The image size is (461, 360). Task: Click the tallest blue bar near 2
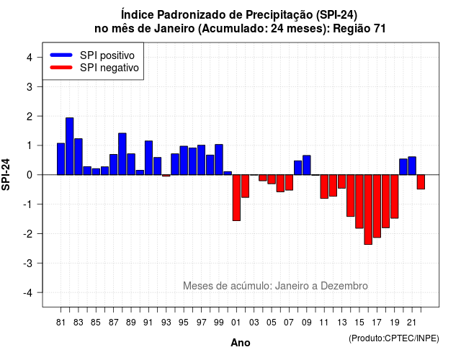tap(70, 146)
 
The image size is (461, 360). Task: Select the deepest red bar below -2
tap(368, 210)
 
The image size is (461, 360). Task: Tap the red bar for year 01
tap(236, 198)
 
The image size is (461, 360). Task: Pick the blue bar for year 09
tap(307, 165)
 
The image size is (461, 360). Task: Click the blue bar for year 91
tap(149, 158)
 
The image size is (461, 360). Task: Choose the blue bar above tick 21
tap(412, 166)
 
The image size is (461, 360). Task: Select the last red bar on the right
tap(421, 182)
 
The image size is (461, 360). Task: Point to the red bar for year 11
tap(324, 186)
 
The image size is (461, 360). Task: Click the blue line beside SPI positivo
tap(61, 55)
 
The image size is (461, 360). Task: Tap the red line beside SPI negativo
tap(61, 68)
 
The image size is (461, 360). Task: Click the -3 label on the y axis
tap(28, 264)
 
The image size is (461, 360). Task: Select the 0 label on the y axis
tap(30, 175)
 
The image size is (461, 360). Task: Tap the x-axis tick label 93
tap(166, 323)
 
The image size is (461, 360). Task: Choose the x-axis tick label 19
tap(395, 323)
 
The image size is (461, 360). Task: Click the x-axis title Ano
tap(241, 343)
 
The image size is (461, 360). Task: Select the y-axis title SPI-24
tap(6, 174)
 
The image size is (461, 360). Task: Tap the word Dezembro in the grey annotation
tap(344, 286)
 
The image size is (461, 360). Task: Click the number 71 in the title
tap(380, 29)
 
